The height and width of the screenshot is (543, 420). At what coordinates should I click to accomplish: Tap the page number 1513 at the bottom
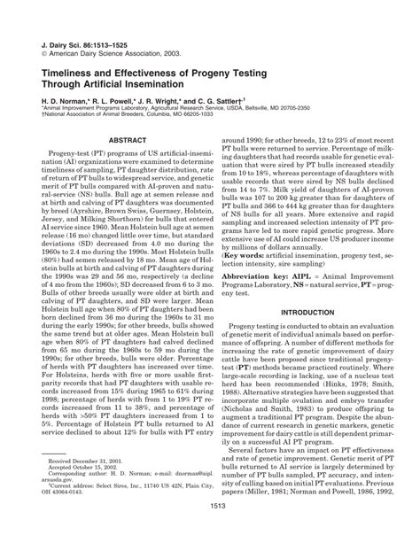[210, 530]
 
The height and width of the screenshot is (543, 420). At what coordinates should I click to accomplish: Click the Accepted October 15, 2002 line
[88, 469]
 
